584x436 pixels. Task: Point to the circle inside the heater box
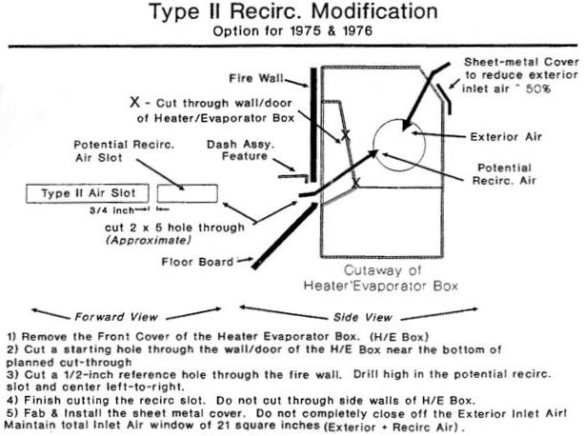(x=402, y=149)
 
